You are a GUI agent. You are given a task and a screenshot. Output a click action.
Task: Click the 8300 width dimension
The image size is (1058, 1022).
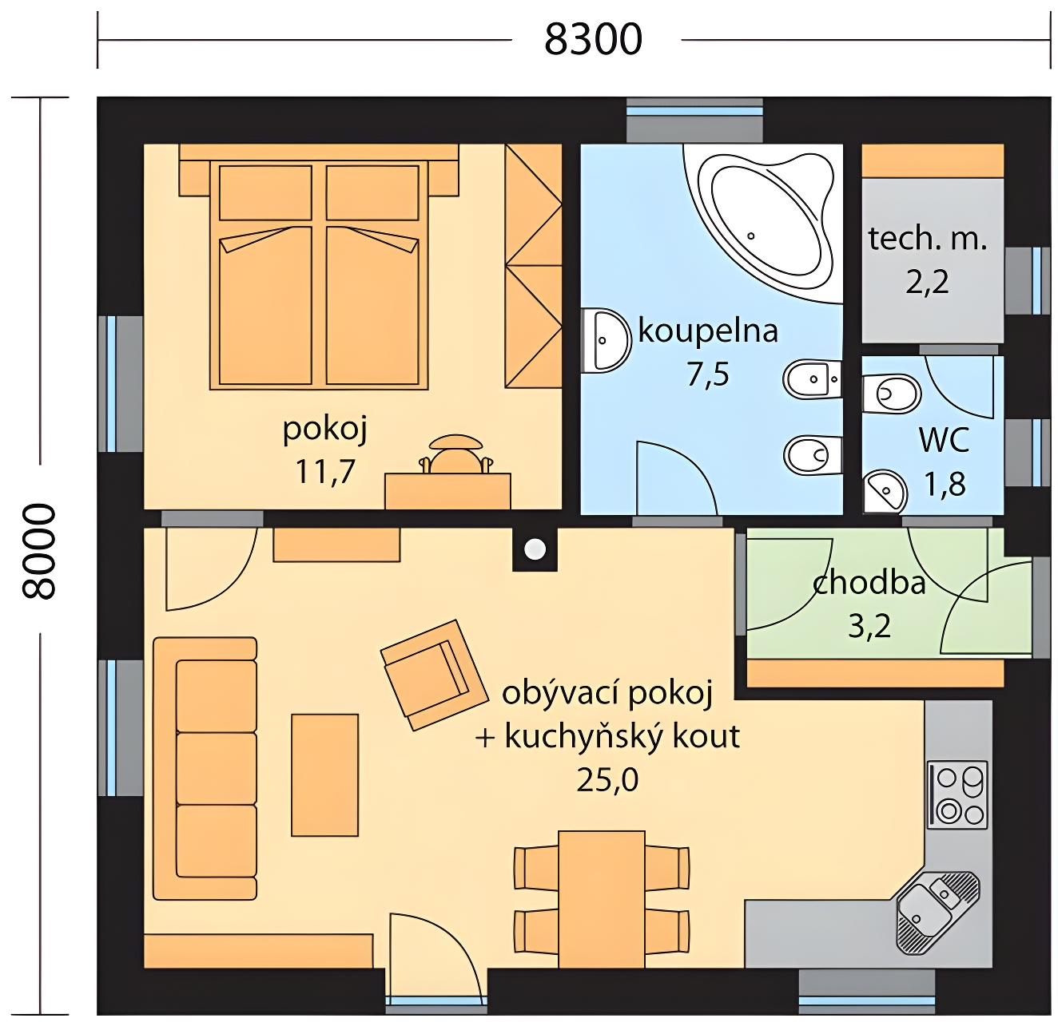(593, 40)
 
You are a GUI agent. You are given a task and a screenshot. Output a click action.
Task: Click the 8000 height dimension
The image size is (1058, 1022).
(39, 552)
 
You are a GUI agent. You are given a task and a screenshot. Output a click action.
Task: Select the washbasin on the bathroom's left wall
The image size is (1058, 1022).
(607, 341)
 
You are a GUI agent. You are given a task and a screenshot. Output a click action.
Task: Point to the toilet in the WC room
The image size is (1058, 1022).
(891, 394)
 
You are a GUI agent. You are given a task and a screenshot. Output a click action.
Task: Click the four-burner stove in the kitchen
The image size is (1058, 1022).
(957, 794)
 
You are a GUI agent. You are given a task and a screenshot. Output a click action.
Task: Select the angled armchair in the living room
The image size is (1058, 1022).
(433, 674)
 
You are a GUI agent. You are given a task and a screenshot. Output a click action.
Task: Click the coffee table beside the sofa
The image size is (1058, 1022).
(324, 774)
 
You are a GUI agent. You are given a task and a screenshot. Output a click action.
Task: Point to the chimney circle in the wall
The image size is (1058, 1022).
(535, 549)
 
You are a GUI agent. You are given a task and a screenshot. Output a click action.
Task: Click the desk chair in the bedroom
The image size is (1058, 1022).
(455, 454)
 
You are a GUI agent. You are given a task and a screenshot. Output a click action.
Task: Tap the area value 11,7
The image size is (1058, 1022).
(324, 470)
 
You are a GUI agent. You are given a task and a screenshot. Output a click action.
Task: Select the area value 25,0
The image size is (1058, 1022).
(607, 780)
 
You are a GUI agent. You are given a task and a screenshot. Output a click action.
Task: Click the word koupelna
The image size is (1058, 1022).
(708, 331)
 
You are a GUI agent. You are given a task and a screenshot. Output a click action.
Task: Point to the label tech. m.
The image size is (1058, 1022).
(928, 239)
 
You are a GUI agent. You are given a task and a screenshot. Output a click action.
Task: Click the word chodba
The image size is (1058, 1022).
(869, 583)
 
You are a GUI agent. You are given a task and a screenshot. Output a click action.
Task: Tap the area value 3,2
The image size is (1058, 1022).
(869, 627)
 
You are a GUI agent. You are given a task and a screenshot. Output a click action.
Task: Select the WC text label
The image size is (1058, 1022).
(945, 440)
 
